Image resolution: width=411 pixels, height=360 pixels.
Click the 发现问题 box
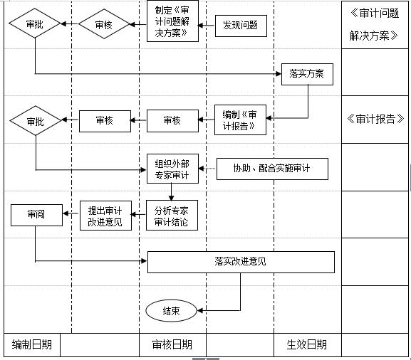(x=240, y=27)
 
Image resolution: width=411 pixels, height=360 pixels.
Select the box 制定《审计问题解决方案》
(x=172, y=22)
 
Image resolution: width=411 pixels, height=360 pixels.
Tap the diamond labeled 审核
(x=105, y=24)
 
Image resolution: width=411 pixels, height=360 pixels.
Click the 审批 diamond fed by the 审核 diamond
(x=35, y=24)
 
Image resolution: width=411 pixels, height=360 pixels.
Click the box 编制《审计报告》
(x=240, y=120)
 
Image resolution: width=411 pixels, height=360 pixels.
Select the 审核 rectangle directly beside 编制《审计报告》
(x=172, y=120)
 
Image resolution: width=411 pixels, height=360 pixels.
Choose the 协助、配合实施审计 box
(x=271, y=169)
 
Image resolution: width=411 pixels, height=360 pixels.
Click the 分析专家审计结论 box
(x=172, y=216)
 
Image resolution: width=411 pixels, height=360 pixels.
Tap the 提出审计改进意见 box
(x=105, y=216)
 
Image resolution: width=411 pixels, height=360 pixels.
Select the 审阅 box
(x=36, y=213)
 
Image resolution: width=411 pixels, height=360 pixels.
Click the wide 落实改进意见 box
(x=240, y=262)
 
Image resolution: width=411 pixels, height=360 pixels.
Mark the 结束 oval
(x=171, y=310)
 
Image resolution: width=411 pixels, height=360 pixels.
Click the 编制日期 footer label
(x=31, y=345)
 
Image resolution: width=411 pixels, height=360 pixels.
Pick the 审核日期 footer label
(x=172, y=345)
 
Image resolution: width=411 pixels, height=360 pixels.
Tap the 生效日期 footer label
(x=306, y=345)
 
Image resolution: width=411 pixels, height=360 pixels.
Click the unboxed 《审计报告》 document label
(x=375, y=119)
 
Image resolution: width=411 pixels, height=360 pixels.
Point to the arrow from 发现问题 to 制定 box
(x=207, y=27)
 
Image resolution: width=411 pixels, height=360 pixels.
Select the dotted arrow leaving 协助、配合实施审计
(x=206, y=169)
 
